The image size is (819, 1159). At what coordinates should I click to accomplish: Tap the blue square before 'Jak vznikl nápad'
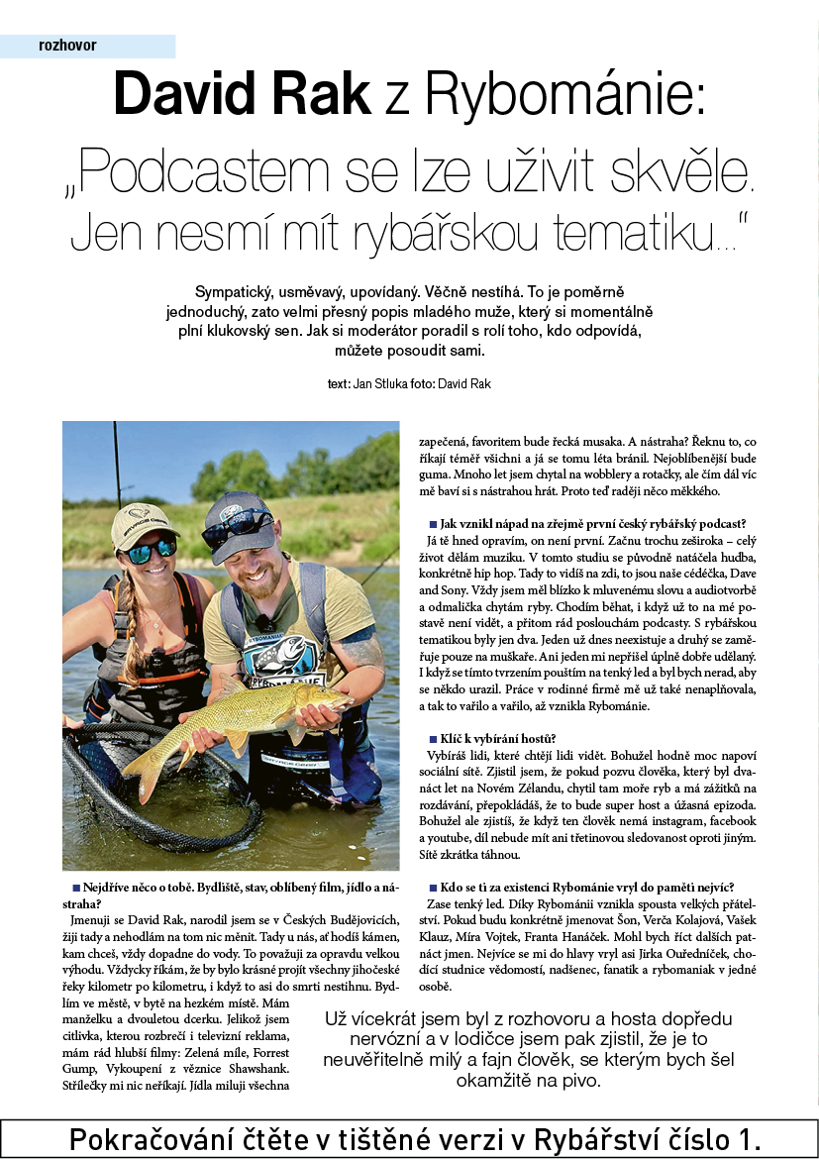tap(433, 524)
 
